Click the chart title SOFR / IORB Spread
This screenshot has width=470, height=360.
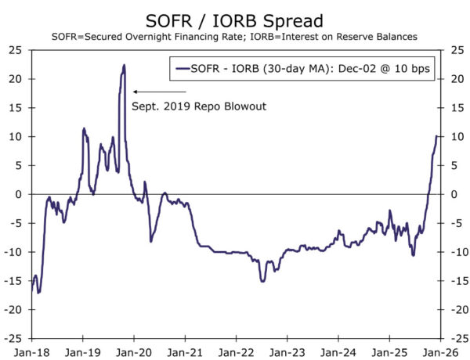(x=234, y=18)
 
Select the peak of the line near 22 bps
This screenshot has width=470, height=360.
(x=124, y=66)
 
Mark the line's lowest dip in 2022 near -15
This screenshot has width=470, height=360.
(x=262, y=281)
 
